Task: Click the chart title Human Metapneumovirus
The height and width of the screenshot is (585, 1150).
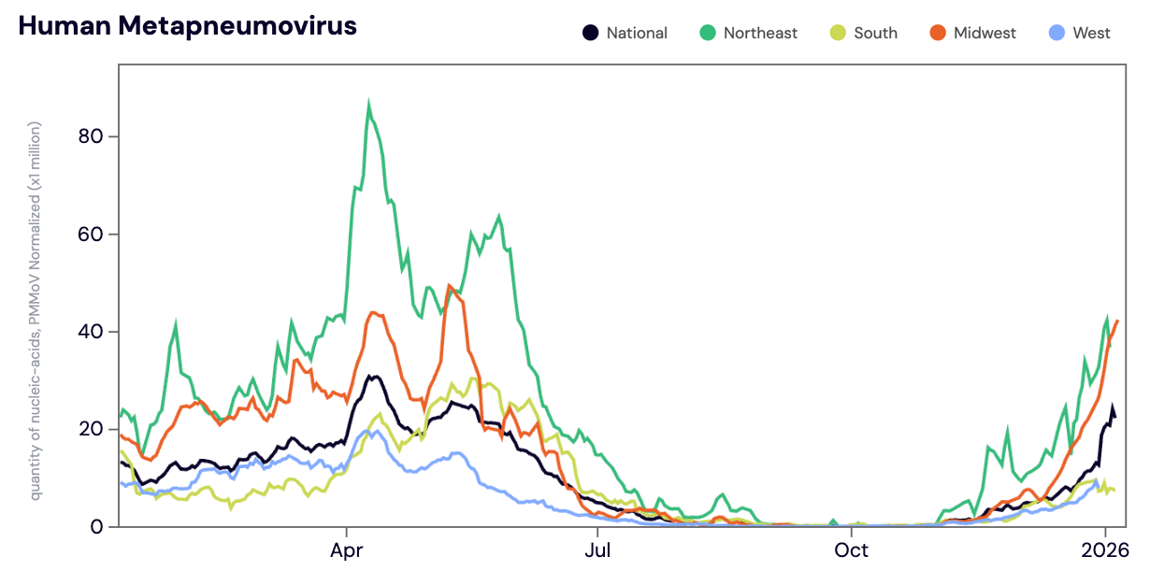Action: pyautogui.click(x=187, y=26)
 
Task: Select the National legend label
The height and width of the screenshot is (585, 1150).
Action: pyautogui.click(x=637, y=33)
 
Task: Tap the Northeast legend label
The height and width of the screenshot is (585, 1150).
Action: pyautogui.click(x=760, y=33)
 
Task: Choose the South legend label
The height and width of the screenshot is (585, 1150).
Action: pyautogui.click(x=875, y=33)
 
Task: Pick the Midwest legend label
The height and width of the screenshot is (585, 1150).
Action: pyautogui.click(x=985, y=33)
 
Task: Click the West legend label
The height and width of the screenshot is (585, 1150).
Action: pyautogui.click(x=1091, y=33)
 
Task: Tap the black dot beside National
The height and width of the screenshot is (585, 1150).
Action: pyautogui.click(x=590, y=33)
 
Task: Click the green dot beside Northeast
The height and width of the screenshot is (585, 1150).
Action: pyautogui.click(x=708, y=33)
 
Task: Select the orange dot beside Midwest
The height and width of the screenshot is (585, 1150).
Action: pyautogui.click(x=938, y=33)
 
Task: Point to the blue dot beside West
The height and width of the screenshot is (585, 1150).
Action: pyautogui.click(x=1056, y=33)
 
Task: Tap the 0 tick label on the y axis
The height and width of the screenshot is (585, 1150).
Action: pyautogui.click(x=97, y=527)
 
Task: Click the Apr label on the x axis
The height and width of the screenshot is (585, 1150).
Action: pyautogui.click(x=347, y=549)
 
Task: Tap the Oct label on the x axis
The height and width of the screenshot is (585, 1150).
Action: pyautogui.click(x=851, y=549)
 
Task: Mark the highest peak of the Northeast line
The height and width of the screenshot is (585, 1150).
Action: pyautogui.click(x=369, y=105)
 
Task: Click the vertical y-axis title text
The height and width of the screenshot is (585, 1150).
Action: pyautogui.click(x=36, y=308)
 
